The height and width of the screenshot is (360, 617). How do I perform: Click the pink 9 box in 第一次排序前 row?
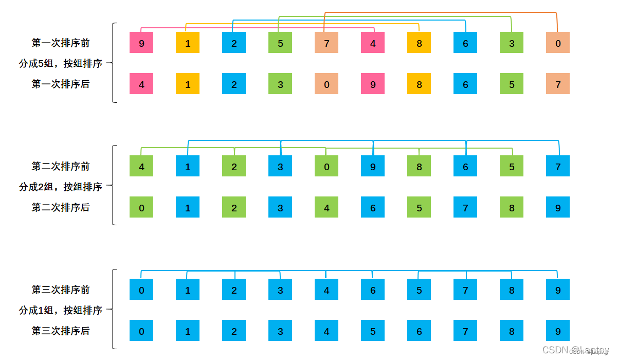tap(141, 43)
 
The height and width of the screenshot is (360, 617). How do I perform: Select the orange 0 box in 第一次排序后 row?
tap(326, 84)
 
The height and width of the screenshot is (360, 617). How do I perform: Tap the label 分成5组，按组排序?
tap(61, 63)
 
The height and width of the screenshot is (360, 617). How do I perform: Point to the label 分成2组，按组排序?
tap(61, 187)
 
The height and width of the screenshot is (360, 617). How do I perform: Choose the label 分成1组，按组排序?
tap(61, 310)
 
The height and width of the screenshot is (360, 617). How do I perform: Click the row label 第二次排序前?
tap(61, 166)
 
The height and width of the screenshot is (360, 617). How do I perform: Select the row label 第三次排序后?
tap(61, 331)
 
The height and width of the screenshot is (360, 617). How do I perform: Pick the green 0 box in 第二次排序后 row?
tap(141, 207)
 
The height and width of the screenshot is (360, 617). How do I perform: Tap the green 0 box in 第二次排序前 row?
tap(326, 166)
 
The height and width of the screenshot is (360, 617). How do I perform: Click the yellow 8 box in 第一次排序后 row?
tap(419, 84)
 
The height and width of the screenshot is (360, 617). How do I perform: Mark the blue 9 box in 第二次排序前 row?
tap(373, 166)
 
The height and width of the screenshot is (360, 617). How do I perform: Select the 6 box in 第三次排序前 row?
tap(373, 290)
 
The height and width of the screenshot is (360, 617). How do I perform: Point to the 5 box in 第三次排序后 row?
tap(373, 331)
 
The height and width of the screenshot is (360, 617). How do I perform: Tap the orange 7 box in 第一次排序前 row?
tap(326, 43)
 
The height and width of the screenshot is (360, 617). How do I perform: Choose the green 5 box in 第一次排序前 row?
tap(280, 43)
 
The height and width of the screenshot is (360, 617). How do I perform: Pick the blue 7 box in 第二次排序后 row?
tap(465, 207)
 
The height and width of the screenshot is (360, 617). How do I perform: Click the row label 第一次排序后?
tap(61, 84)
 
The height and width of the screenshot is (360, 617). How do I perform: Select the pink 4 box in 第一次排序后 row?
tap(141, 84)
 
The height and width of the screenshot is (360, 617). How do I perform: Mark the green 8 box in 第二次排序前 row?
tap(419, 166)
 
